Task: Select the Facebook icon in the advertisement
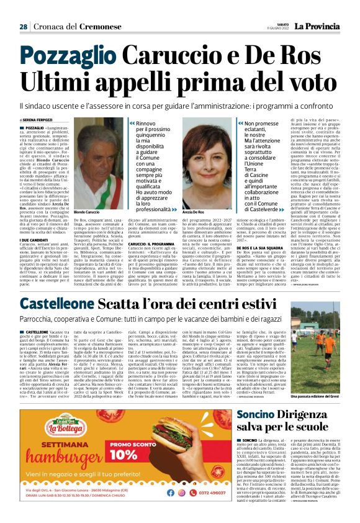184,509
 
